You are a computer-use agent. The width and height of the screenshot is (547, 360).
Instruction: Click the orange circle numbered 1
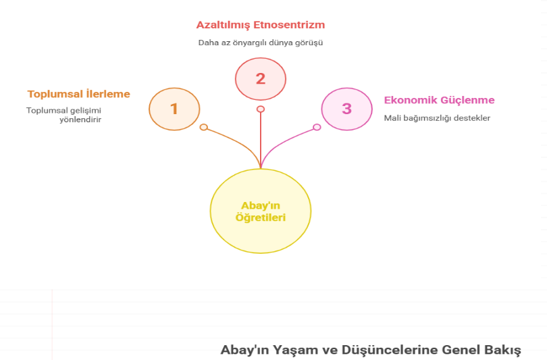point(174,108)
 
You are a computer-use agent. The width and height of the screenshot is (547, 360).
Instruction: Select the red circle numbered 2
point(261,78)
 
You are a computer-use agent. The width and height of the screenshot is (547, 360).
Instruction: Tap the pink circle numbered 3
point(346,108)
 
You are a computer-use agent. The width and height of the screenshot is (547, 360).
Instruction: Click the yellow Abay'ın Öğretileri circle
point(261,211)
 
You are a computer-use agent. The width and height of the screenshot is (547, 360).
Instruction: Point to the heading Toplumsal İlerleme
point(78,94)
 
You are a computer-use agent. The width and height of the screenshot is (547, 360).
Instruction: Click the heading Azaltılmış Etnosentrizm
point(261,25)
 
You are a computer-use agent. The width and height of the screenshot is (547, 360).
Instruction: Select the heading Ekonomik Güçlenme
point(439,101)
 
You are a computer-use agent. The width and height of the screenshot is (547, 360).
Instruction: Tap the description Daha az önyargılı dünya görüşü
point(261,43)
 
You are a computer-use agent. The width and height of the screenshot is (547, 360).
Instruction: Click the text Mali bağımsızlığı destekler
point(437,118)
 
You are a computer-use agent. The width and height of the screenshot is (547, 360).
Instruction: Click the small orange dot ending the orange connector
point(203,127)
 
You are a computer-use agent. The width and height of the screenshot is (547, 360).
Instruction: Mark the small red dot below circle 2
point(261,109)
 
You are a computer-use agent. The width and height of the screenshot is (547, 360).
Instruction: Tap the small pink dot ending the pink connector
point(317,127)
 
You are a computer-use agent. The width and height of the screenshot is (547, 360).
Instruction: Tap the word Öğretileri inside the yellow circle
point(261,217)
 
